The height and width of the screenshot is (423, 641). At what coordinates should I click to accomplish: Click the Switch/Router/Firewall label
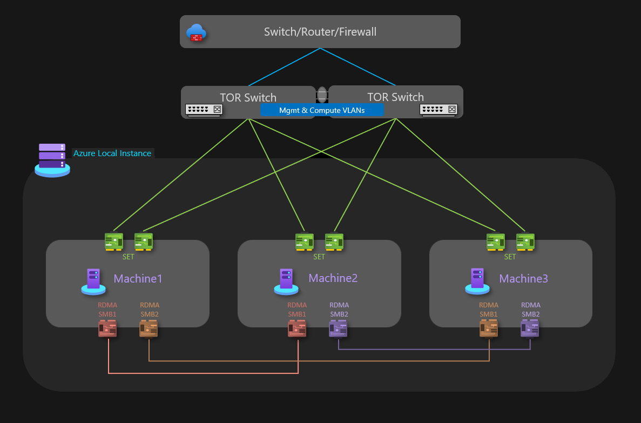pyautogui.click(x=320, y=32)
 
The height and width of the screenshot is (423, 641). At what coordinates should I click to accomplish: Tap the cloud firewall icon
pyautogui.click(x=196, y=32)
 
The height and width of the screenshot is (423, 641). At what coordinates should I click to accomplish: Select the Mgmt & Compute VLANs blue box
pyautogui.click(x=322, y=110)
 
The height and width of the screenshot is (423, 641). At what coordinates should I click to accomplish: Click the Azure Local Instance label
pyautogui.click(x=112, y=153)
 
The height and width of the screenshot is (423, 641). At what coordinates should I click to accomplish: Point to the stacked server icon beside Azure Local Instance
pyautogui.click(x=52, y=160)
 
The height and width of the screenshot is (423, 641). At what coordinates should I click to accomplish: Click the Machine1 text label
pyautogui.click(x=138, y=279)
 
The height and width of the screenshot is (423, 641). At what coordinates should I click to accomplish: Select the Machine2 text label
pyautogui.click(x=333, y=278)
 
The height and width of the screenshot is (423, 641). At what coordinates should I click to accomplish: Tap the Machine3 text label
pyautogui.click(x=523, y=279)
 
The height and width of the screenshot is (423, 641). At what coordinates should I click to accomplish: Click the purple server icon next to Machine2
pyautogui.click(x=286, y=281)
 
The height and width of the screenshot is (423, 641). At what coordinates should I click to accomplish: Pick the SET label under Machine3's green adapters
pyautogui.click(x=510, y=257)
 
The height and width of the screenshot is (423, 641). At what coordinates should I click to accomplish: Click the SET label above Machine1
pyautogui.click(x=128, y=257)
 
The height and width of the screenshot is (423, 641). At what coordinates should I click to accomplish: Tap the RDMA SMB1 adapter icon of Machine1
pyautogui.click(x=107, y=328)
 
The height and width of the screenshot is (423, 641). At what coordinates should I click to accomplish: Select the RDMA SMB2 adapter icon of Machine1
pyautogui.click(x=149, y=328)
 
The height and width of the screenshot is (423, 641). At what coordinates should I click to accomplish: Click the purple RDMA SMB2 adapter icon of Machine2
pyautogui.click(x=338, y=328)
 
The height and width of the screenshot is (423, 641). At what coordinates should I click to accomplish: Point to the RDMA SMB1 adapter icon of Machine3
pyautogui.click(x=489, y=328)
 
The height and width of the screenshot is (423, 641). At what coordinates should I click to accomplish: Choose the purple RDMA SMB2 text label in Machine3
pyautogui.click(x=531, y=310)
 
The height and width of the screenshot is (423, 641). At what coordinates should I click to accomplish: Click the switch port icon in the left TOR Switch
pyautogui.click(x=204, y=110)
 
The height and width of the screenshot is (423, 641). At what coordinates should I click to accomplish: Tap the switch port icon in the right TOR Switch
pyautogui.click(x=438, y=110)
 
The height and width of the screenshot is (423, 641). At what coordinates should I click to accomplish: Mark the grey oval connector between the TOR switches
pyautogui.click(x=322, y=95)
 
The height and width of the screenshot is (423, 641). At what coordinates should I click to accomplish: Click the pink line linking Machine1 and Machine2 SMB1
pyautogui.click(x=203, y=373)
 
